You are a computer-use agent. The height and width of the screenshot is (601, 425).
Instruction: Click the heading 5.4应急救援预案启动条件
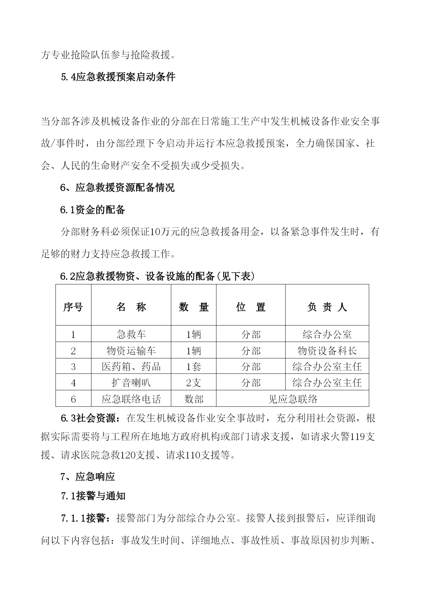118,77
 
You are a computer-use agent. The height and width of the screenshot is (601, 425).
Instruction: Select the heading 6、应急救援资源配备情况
117,187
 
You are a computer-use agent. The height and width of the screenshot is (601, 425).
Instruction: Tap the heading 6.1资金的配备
93,210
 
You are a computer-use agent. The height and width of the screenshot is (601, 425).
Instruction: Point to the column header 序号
73,307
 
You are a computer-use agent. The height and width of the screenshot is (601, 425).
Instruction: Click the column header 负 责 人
327,307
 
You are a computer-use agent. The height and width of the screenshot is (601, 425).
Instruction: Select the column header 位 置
251,307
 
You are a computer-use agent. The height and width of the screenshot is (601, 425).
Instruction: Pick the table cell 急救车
131,334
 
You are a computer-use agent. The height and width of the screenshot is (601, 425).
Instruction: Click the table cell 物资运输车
131,351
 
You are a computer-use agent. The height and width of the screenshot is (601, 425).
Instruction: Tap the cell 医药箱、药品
131,367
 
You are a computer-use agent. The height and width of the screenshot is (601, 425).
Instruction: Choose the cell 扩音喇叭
131,383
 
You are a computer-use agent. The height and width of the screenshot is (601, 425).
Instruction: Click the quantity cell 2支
193,383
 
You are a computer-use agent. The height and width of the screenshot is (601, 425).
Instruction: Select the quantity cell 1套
193,367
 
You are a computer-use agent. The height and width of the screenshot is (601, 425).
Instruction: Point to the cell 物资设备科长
327,351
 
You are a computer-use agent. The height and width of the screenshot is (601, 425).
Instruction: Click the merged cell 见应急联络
293,399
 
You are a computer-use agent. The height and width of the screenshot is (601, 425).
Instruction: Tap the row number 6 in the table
73,399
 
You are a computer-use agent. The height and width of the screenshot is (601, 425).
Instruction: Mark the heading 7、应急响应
88,477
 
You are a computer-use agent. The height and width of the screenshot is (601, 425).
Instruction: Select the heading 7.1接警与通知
93,496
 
